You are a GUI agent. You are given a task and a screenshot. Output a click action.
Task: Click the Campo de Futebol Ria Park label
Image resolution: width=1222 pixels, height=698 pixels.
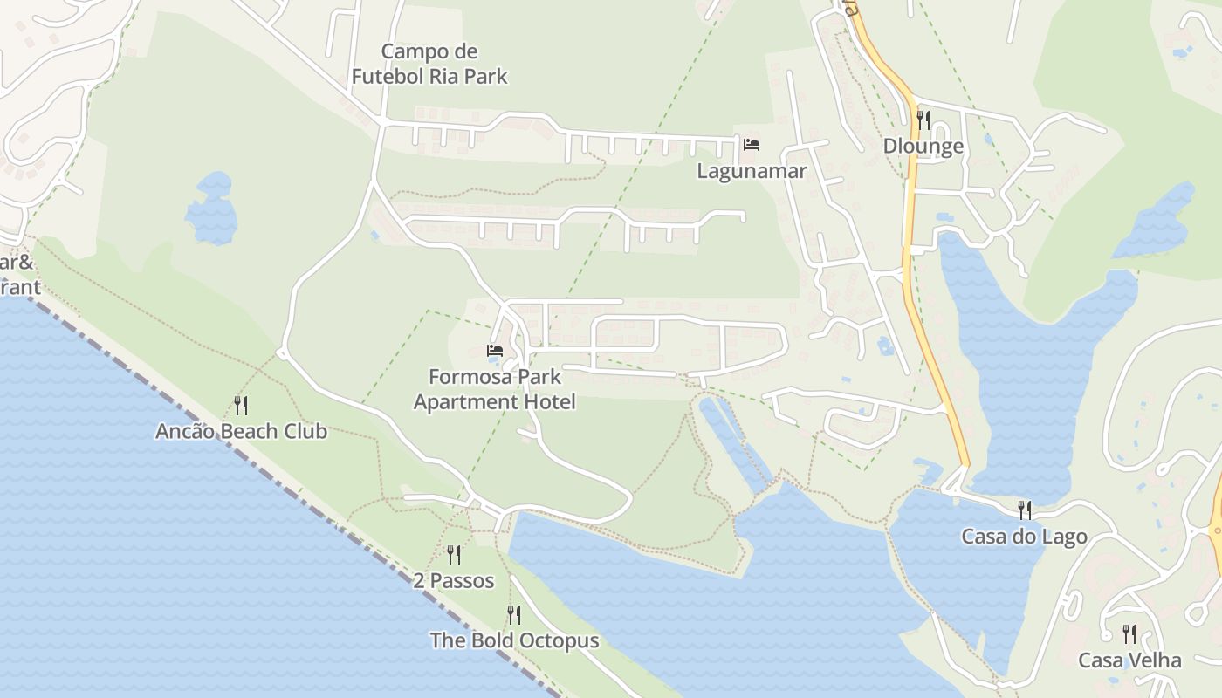click(429, 64)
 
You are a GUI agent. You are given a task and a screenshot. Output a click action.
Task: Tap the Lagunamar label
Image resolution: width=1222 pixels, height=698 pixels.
click(752, 171)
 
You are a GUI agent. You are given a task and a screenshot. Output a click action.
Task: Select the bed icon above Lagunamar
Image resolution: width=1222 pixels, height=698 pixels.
click(752, 145)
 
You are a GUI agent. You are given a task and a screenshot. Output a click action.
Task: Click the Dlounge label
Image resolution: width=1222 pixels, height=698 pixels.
click(923, 146)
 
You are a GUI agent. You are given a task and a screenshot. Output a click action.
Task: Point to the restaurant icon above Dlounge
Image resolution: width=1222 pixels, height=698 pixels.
click(923, 120)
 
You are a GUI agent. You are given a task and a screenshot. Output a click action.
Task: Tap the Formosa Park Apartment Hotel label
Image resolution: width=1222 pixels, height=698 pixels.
click(494, 389)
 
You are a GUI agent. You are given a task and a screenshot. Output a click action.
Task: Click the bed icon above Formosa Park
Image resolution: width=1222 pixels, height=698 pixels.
click(495, 351)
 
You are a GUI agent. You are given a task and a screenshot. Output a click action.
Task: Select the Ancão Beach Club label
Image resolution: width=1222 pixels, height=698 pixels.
click(241, 431)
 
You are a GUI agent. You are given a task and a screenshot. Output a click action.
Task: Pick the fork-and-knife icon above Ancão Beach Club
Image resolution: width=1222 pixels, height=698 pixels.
click(241, 405)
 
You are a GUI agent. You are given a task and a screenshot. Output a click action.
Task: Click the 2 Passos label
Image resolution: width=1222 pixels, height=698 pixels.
click(454, 581)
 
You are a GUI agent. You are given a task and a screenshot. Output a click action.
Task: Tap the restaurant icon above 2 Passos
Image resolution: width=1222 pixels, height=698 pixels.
click(454, 554)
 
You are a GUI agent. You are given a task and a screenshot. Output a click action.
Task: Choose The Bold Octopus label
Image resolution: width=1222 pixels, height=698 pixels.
click(514, 640)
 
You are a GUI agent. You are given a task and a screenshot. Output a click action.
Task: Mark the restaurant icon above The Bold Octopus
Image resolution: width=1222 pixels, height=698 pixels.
click(514, 615)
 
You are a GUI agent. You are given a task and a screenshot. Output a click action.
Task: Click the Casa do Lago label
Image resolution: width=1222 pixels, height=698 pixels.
click(1024, 537)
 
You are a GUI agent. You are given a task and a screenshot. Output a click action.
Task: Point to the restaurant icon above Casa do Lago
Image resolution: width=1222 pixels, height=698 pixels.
click(1024, 510)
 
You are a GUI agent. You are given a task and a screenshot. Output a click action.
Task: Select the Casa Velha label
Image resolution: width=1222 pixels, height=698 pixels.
click(1129, 660)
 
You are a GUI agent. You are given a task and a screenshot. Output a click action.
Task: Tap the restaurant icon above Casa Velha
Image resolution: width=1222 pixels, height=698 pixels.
click(1129, 633)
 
